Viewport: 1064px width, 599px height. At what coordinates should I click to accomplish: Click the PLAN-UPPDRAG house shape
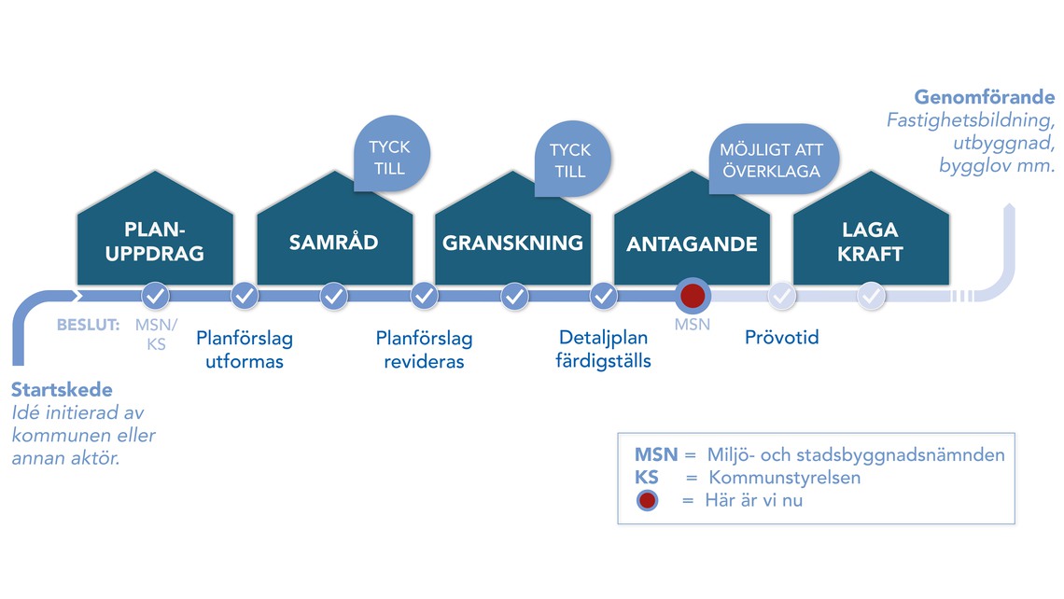pyautogui.click(x=155, y=230)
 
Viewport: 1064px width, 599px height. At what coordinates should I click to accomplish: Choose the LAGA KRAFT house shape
pyautogui.click(x=871, y=230)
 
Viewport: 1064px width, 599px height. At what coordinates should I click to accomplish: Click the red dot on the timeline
pyautogui.click(x=693, y=296)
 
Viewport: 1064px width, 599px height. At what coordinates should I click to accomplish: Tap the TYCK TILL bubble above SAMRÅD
pyautogui.click(x=391, y=155)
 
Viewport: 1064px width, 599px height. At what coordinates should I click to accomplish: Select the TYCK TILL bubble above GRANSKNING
pyautogui.click(x=572, y=160)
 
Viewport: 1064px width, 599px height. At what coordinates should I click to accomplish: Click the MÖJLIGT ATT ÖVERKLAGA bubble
pyautogui.click(x=773, y=160)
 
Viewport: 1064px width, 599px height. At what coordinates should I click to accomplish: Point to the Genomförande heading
pyautogui.click(x=984, y=97)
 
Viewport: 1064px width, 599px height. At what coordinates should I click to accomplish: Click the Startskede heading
pyautogui.click(x=62, y=389)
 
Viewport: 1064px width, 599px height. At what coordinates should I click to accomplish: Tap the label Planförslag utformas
pyautogui.click(x=245, y=349)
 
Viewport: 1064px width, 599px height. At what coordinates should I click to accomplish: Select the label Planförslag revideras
pyautogui.click(x=424, y=349)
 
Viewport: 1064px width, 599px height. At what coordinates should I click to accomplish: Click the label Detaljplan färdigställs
pyautogui.click(x=603, y=349)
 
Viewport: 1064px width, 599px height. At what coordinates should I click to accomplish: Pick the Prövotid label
pyautogui.click(x=782, y=337)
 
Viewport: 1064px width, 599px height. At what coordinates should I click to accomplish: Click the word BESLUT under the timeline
pyautogui.click(x=89, y=325)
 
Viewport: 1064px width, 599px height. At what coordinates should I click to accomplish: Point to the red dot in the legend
pyautogui.click(x=648, y=501)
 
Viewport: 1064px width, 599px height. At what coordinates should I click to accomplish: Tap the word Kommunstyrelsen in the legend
pyautogui.click(x=784, y=478)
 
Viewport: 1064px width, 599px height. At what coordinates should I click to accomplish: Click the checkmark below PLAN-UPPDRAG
pyautogui.click(x=155, y=296)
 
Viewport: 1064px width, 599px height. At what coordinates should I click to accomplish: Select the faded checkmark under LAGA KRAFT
pyautogui.click(x=872, y=296)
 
